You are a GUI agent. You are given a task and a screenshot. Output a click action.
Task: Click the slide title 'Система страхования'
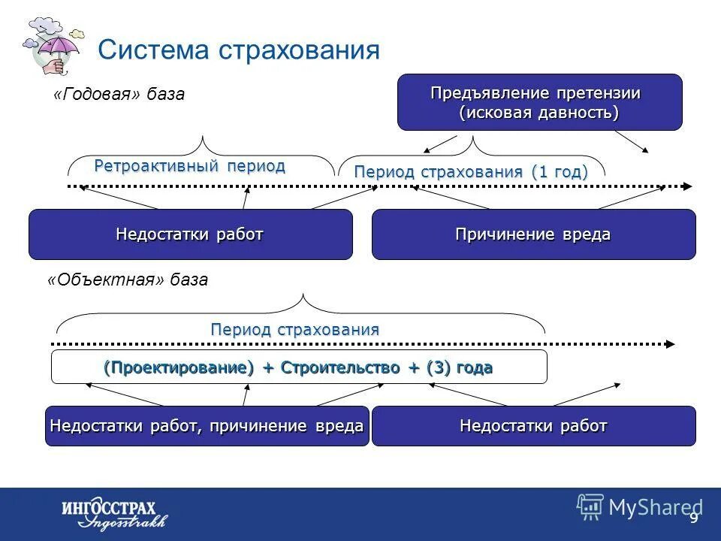click(239, 50)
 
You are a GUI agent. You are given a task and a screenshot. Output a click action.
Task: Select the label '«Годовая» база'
click(119, 95)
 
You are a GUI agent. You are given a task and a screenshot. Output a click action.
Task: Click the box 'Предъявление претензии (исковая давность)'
click(539, 103)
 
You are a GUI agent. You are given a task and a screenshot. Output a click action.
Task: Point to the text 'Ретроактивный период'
click(189, 166)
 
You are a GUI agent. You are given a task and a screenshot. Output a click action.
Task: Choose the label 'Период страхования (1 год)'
click(471, 171)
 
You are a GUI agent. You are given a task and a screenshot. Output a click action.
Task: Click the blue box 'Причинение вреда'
click(533, 234)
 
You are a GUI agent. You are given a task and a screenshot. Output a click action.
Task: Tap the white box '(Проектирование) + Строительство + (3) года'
click(298, 367)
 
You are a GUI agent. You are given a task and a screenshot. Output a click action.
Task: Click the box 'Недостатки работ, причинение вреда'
click(207, 426)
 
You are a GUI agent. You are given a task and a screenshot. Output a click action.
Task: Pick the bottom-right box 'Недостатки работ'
click(533, 426)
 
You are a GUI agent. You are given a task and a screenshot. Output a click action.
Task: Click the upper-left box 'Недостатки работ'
click(190, 234)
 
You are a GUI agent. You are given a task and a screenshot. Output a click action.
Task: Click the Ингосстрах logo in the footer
click(113, 513)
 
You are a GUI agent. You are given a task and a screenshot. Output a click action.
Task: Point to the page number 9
click(693, 518)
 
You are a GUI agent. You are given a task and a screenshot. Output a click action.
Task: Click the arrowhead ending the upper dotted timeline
click(686, 186)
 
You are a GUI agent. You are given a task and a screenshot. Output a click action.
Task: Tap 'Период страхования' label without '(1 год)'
click(294, 329)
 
